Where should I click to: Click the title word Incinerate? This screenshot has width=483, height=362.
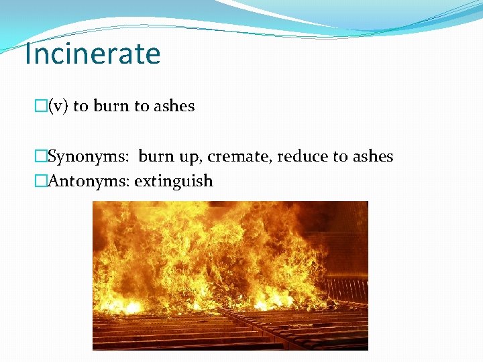tap(92, 54)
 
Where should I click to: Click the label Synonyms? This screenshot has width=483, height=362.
tap(91, 157)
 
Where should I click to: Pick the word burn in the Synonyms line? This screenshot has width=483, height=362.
tap(156, 157)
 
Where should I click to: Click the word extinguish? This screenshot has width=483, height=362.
tap(174, 181)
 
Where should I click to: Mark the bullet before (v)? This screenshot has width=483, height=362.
tap(41, 106)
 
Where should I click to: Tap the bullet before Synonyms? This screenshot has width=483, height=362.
tap(41, 157)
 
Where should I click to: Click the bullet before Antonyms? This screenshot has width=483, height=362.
tap(41, 181)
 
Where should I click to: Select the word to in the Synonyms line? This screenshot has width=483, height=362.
tap(340, 157)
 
